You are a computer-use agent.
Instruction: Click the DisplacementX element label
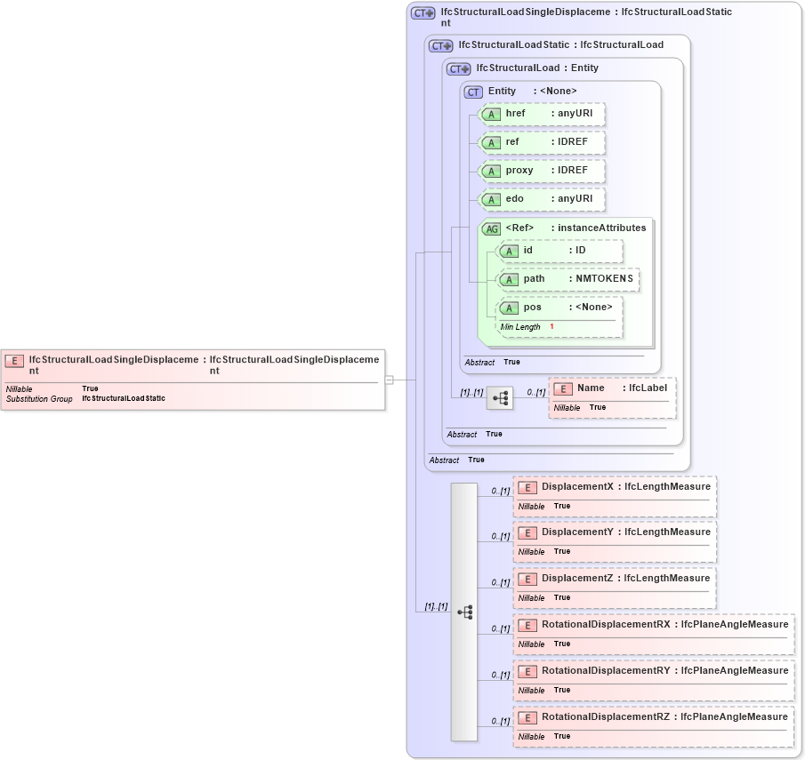578,486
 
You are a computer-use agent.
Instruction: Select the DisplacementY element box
614,540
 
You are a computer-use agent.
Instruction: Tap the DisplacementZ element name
578,578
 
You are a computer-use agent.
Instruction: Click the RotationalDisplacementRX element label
606,624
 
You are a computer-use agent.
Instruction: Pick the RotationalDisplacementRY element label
606,670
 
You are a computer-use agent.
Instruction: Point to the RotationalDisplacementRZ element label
606,716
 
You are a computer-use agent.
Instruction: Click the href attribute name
516,114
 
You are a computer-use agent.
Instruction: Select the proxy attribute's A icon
490,171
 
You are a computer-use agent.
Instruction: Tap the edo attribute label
515,199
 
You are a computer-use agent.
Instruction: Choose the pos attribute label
532,308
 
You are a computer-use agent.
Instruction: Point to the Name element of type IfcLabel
591,388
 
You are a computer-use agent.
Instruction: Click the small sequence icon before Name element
500,398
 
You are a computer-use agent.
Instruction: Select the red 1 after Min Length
551,327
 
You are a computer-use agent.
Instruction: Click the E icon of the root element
14,361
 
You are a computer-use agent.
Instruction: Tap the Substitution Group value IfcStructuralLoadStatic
124,399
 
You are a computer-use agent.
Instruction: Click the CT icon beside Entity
473,92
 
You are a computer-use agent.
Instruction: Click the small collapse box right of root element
389,380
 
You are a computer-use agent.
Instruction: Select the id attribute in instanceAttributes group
528,251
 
